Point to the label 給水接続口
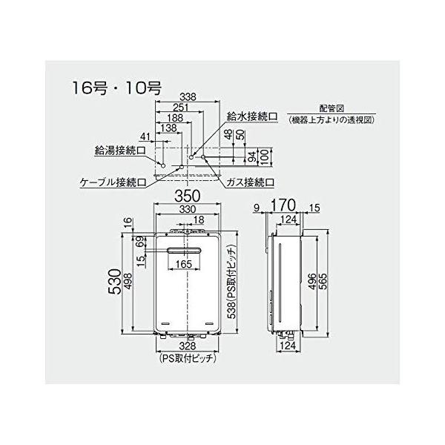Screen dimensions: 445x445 click(x=253, y=117)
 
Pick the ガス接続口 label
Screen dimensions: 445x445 click(x=250, y=181)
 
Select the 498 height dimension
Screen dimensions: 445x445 click(x=127, y=285)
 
